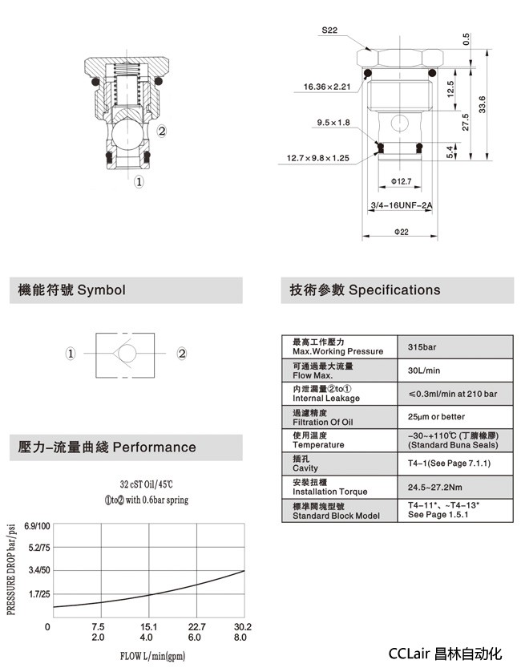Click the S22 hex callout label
click(329, 30)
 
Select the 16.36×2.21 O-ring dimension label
click(326, 87)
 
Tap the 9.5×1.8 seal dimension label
click(333, 123)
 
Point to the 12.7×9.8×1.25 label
click(318, 158)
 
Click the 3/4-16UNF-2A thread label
click(401, 205)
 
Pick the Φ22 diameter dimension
click(401, 232)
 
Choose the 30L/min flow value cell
click(424, 370)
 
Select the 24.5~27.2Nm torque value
click(436, 486)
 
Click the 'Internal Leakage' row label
click(326, 399)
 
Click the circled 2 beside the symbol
click(182, 353)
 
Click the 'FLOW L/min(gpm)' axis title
click(153, 657)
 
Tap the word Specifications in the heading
click(394, 289)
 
